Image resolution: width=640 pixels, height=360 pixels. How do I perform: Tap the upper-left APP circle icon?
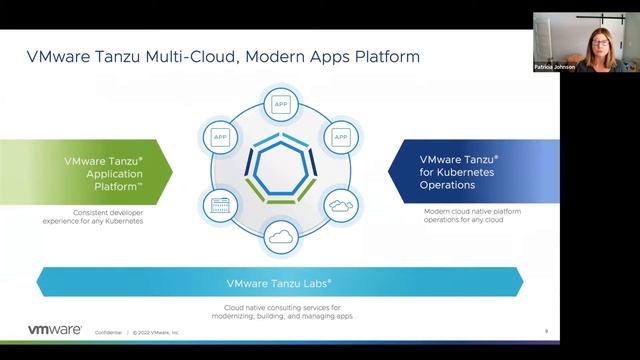[x=219, y=136]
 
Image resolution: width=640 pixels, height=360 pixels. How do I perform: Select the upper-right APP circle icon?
[x=340, y=136]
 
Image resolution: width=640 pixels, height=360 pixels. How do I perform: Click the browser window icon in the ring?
[x=219, y=206]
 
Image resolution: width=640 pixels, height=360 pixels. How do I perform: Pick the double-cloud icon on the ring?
[x=340, y=206]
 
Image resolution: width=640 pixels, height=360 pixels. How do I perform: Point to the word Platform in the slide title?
[x=385, y=57]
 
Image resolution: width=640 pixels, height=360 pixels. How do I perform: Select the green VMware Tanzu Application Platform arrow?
[x=95, y=171]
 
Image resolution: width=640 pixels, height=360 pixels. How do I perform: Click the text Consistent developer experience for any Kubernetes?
[x=94, y=216]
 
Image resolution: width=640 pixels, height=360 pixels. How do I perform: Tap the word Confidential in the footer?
[x=108, y=331]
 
